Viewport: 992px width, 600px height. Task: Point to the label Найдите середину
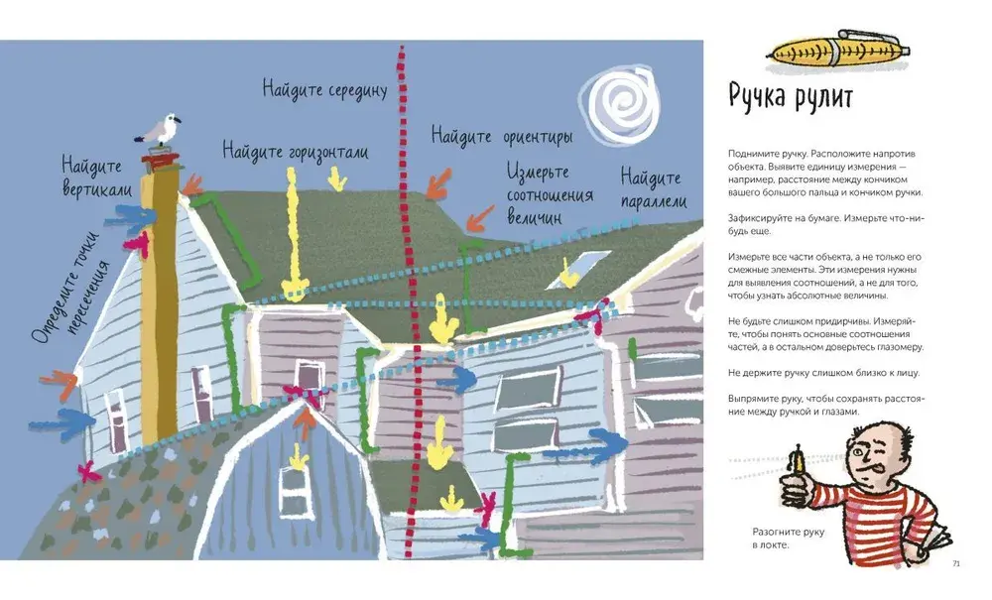point(323,89)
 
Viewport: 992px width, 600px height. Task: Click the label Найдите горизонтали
point(295,152)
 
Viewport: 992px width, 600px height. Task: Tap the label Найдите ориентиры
point(501,135)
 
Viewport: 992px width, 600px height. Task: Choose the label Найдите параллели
point(652,189)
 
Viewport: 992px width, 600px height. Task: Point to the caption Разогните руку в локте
point(788,539)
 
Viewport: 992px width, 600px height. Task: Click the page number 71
point(955,564)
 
